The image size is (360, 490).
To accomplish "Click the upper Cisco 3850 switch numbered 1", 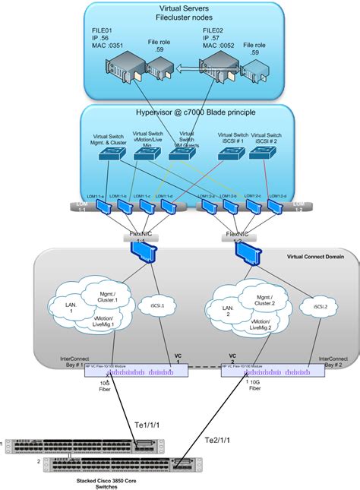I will point(76,444).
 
